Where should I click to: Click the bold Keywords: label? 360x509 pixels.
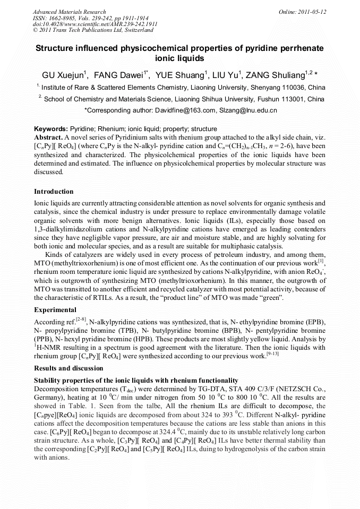click(51, 129)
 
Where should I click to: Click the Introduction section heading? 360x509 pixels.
click(54, 192)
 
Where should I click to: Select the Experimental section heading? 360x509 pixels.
click(55, 310)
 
